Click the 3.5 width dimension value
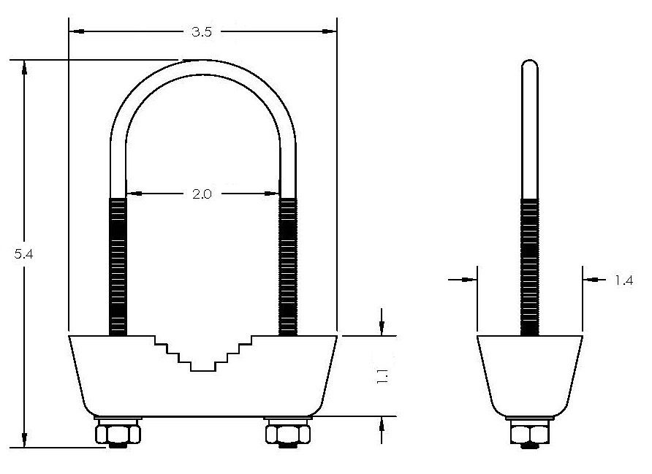pyautogui.click(x=202, y=31)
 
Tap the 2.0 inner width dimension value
pyautogui.click(x=202, y=194)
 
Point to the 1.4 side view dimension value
pyautogui.click(x=623, y=280)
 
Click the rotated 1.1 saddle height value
pyautogui.click(x=382, y=376)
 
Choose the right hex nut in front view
pyautogui.click(x=287, y=435)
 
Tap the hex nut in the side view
pyautogui.click(x=530, y=435)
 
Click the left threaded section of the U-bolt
pyautogui.click(x=118, y=267)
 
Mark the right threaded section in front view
pyautogui.click(x=288, y=267)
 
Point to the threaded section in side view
pyautogui.click(x=530, y=267)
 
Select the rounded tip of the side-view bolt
pyautogui.click(x=530, y=64)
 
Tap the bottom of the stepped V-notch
pyautogui.click(x=202, y=367)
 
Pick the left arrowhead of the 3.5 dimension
pyautogui.click(x=75, y=31)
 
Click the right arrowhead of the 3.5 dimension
pyautogui.click(x=330, y=31)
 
